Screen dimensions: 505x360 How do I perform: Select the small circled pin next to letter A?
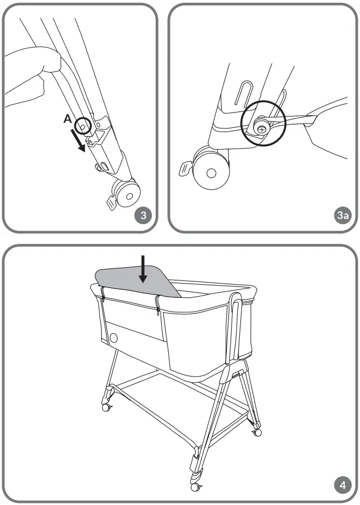pyautogui.click(x=82, y=126)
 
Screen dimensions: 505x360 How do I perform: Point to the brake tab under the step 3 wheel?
pyautogui.click(x=111, y=203)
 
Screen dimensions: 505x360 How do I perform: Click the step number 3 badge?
pyautogui.click(x=143, y=215)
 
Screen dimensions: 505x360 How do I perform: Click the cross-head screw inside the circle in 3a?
pyautogui.click(x=263, y=129)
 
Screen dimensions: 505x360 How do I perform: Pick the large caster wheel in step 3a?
pyautogui.click(x=211, y=172)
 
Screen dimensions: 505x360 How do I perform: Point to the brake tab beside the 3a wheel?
pyautogui.click(x=185, y=169)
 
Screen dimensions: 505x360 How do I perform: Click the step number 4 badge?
pyautogui.click(x=342, y=485)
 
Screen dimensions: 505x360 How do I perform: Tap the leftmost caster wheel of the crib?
pyautogui.click(x=106, y=407)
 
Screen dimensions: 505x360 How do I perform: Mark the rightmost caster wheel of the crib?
pyautogui.click(x=256, y=432)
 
